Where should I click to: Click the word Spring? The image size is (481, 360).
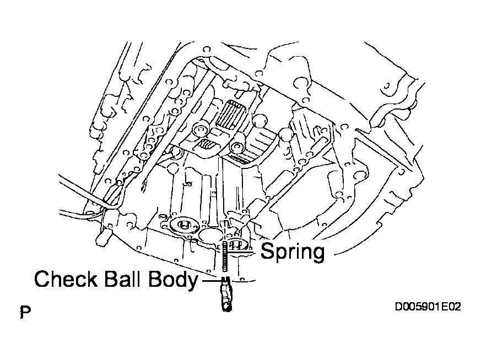coord(293,253)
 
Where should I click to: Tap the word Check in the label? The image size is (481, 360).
coord(66,279)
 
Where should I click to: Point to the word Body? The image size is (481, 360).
coord(173,280)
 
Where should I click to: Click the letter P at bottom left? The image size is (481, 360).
coord(25,312)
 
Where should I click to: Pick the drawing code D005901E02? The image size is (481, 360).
coord(428,307)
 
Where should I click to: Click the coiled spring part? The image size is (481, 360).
coord(225,256)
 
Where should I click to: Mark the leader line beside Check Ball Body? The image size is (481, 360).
coord(211,281)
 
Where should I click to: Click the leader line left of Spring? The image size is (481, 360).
coord(242,252)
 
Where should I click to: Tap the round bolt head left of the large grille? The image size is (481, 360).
coord(201,129)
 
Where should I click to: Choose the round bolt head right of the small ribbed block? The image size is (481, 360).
coord(237,147)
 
